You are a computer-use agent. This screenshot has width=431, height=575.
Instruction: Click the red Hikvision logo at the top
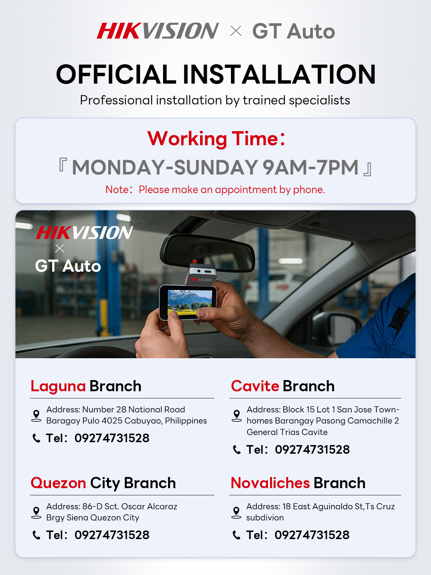[157, 31]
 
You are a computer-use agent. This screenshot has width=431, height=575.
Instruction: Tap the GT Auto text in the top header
[293, 32]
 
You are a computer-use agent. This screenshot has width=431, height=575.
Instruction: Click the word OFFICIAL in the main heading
[116, 75]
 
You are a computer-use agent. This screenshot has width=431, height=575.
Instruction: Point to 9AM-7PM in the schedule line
[310, 168]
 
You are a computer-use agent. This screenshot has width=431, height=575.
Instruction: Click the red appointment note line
[215, 190]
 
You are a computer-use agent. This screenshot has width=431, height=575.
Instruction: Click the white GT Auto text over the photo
[68, 266]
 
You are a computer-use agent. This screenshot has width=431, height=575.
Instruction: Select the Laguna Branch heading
[86, 386]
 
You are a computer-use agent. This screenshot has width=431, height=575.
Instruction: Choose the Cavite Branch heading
[283, 386]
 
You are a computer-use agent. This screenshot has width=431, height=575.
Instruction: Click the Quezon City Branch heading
[103, 483]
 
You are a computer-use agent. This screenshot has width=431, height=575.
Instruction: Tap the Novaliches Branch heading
[298, 483]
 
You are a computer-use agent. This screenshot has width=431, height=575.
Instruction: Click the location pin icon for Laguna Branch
[36, 415]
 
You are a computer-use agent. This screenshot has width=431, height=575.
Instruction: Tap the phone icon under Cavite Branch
[237, 450]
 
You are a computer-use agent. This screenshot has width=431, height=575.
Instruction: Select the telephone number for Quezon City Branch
[112, 535]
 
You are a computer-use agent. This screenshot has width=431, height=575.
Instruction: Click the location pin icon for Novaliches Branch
[236, 512]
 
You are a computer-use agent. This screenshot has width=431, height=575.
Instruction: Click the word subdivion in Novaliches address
[265, 518]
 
